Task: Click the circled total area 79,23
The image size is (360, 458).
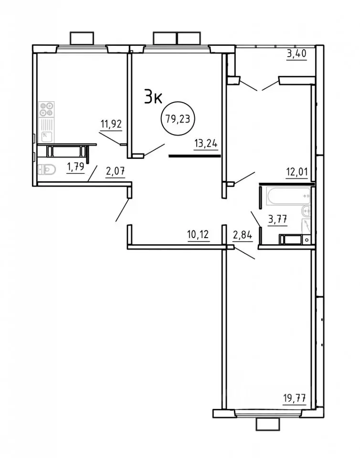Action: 178,118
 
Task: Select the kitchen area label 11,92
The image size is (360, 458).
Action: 111,125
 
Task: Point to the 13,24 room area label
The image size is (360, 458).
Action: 206,144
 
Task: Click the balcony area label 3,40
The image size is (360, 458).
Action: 297,54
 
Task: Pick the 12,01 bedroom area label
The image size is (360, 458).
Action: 297,172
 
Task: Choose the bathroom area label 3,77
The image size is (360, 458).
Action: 277,219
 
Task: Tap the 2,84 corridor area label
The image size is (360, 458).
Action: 243,234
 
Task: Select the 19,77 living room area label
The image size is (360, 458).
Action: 295,398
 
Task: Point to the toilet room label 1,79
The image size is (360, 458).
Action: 76,167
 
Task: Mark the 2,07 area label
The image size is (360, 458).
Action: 116,171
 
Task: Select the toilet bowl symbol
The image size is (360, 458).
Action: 47,169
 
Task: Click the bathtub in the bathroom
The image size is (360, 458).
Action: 289,196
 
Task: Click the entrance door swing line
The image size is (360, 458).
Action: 122,210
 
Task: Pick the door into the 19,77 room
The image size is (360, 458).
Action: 245,253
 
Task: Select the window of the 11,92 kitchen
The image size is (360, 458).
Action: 82,48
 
